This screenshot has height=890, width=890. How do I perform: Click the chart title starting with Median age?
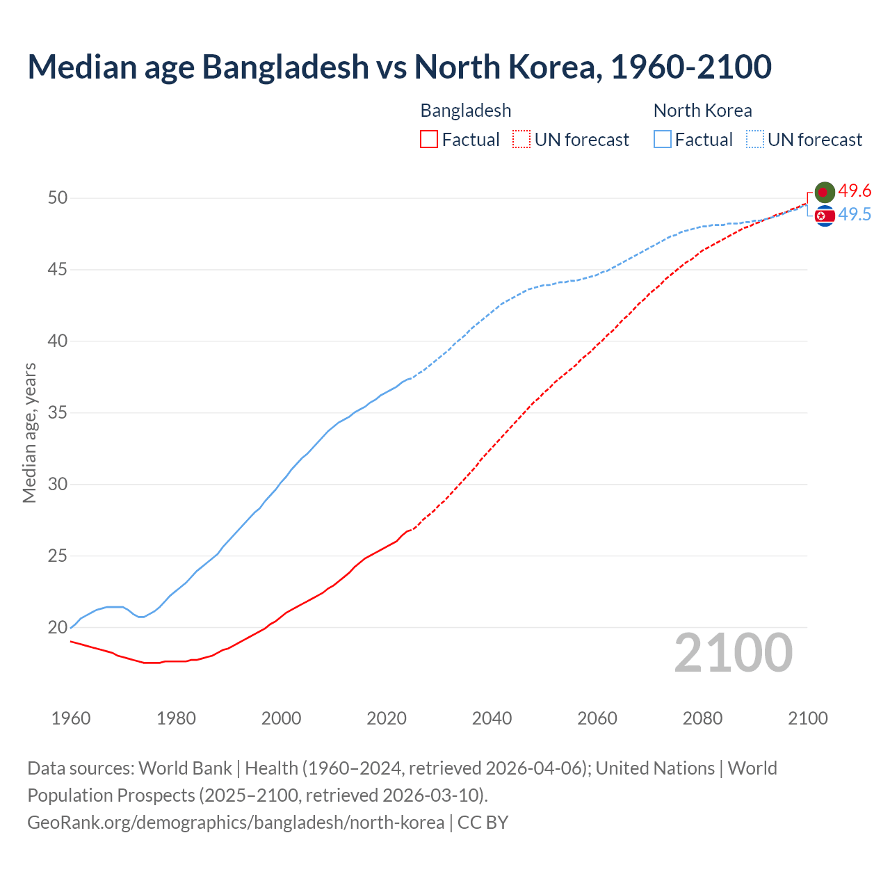coord(399,67)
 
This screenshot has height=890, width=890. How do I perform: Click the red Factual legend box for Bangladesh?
coord(429,140)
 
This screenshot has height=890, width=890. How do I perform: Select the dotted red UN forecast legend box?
coord(521,140)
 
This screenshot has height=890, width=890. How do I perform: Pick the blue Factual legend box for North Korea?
coord(663,140)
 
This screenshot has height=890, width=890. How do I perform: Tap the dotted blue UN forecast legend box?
coord(755,140)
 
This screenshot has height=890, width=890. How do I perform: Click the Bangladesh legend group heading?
coord(466,111)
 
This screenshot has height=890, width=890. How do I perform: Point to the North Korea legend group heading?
coord(702,111)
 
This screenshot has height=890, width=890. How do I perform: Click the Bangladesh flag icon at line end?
coord(825,192)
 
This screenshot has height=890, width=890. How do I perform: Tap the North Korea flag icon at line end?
coord(825,216)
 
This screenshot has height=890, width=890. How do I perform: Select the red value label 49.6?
coord(855,191)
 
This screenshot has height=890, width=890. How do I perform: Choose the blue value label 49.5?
coord(855,215)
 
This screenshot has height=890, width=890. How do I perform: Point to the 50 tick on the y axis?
coord(58,198)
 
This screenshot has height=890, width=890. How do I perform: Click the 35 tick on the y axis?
coord(58,413)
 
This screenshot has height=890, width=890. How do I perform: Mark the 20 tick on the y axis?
coord(58,628)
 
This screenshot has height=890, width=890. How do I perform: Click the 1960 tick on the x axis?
coord(71,718)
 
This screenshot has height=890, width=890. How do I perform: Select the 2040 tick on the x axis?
coord(492,718)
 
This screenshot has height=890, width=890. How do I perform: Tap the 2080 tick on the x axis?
coord(702,718)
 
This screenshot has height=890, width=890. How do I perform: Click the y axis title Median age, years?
coord(29,432)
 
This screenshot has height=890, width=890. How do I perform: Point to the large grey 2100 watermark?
coord(733,652)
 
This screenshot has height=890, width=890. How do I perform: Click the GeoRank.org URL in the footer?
coord(236,823)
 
